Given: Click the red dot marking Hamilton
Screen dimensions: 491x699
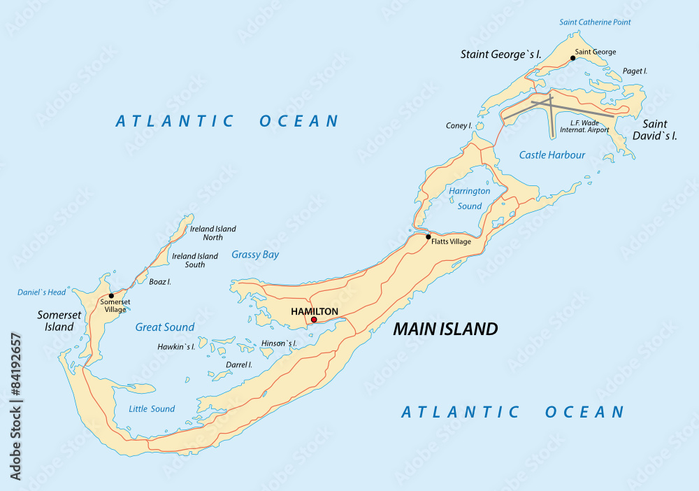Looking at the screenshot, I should pyautogui.click(x=314, y=320).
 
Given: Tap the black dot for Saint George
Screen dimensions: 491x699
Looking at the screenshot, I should pyautogui.click(x=572, y=58).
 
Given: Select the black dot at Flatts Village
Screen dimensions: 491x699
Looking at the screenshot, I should pyautogui.click(x=428, y=236).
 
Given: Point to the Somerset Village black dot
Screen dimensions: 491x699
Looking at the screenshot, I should pyautogui.click(x=111, y=296).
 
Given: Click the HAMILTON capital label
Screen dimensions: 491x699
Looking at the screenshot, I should pyautogui.click(x=315, y=311).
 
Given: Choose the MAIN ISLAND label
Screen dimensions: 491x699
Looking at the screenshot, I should pyautogui.click(x=445, y=329).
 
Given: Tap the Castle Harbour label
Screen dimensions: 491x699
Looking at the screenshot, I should pyautogui.click(x=552, y=155).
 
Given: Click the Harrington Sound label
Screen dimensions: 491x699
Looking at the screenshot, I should pyautogui.click(x=470, y=198).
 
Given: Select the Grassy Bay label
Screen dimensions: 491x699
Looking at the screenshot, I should pyautogui.click(x=255, y=255).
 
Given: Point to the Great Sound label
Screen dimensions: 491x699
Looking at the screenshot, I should pyautogui.click(x=165, y=327).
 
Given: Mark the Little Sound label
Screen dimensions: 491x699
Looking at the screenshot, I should pyautogui.click(x=152, y=408).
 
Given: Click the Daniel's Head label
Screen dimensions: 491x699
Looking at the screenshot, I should pyautogui.click(x=42, y=292).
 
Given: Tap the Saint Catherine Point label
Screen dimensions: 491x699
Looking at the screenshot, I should pyautogui.click(x=595, y=22).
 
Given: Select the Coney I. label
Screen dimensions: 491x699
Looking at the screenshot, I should pyautogui.click(x=459, y=126).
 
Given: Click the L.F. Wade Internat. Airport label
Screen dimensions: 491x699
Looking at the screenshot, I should pyautogui.click(x=579, y=125).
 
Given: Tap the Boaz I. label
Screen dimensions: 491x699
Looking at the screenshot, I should pyautogui.click(x=160, y=281).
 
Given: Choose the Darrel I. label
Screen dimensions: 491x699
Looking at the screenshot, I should pyautogui.click(x=238, y=364).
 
